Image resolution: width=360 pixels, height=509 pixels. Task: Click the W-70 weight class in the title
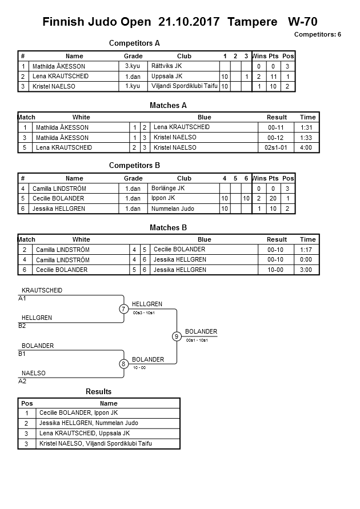303,22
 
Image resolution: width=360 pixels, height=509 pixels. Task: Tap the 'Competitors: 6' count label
317,35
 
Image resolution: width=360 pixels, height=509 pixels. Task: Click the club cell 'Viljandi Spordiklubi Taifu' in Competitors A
185,86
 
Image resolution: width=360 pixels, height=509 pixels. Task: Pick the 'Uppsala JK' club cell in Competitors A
167,76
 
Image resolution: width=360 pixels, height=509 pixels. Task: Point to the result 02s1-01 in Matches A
277,147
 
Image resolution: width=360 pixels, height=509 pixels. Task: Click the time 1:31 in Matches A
307,127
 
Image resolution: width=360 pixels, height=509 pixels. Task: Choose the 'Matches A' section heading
168,105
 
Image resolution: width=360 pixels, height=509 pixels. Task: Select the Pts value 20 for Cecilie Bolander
273,198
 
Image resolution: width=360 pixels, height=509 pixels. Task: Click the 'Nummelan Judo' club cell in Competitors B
173,209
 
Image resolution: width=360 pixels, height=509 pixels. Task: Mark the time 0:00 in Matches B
307,259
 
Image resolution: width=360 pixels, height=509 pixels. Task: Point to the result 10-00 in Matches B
277,270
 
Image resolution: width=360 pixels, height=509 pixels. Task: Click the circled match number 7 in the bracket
123,309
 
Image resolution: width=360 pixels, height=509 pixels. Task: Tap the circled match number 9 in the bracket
177,336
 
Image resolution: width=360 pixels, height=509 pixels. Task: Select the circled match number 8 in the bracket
123,364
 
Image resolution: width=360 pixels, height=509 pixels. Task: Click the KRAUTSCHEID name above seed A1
42,290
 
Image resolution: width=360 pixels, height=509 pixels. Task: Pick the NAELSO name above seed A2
34,373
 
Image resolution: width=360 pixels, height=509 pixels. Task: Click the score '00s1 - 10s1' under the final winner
197,340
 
